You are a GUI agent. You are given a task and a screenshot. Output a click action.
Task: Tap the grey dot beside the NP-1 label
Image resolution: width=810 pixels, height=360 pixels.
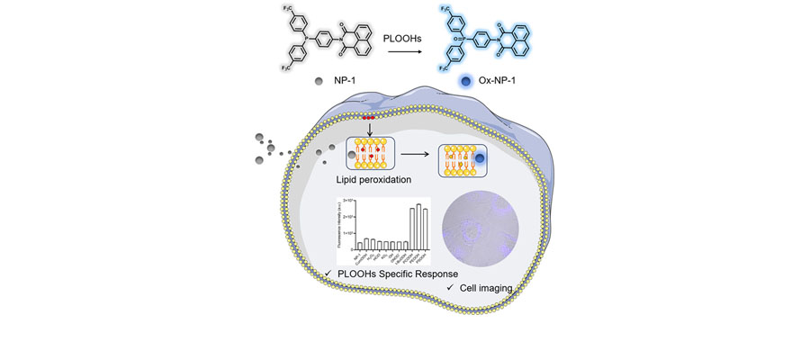click(319, 81)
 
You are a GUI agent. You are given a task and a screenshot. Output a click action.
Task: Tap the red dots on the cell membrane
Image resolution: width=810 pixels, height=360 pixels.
click(368, 117)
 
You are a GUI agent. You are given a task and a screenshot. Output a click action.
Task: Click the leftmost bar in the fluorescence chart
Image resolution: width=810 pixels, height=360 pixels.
click(359, 246)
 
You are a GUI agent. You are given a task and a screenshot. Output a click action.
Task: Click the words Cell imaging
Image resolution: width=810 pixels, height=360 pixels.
click(487, 288)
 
